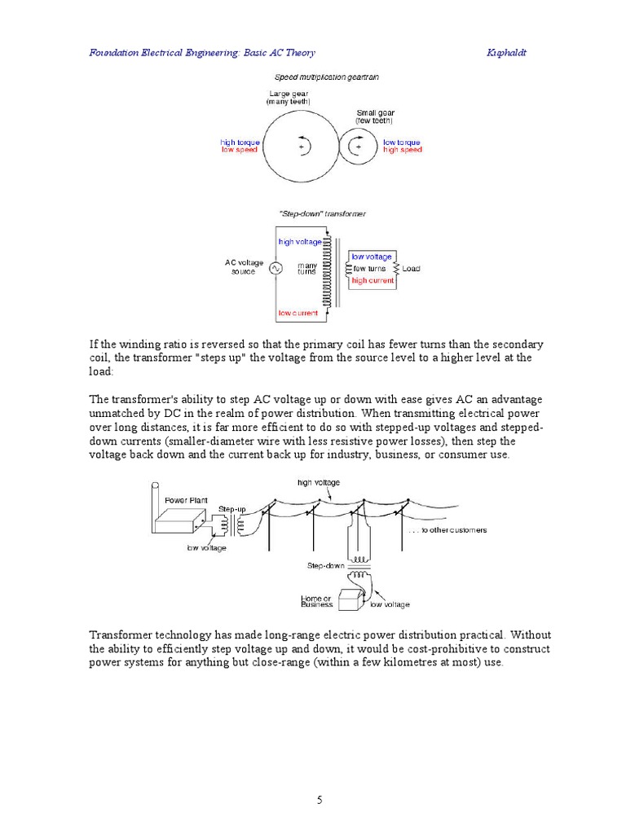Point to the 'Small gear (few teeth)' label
coord(374,116)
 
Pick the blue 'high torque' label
coord(240,143)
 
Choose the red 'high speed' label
coord(402,151)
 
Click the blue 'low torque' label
coord(402,143)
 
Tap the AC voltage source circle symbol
coord(274,268)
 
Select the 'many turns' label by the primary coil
coord(307,268)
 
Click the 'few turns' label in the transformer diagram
coord(369,268)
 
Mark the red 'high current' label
coord(373,280)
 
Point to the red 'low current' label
coord(298,313)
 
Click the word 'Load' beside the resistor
coord(411,268)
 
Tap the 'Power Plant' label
coord(182,500)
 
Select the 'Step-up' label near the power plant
coord(231,508)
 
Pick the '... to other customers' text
coord(447,529)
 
